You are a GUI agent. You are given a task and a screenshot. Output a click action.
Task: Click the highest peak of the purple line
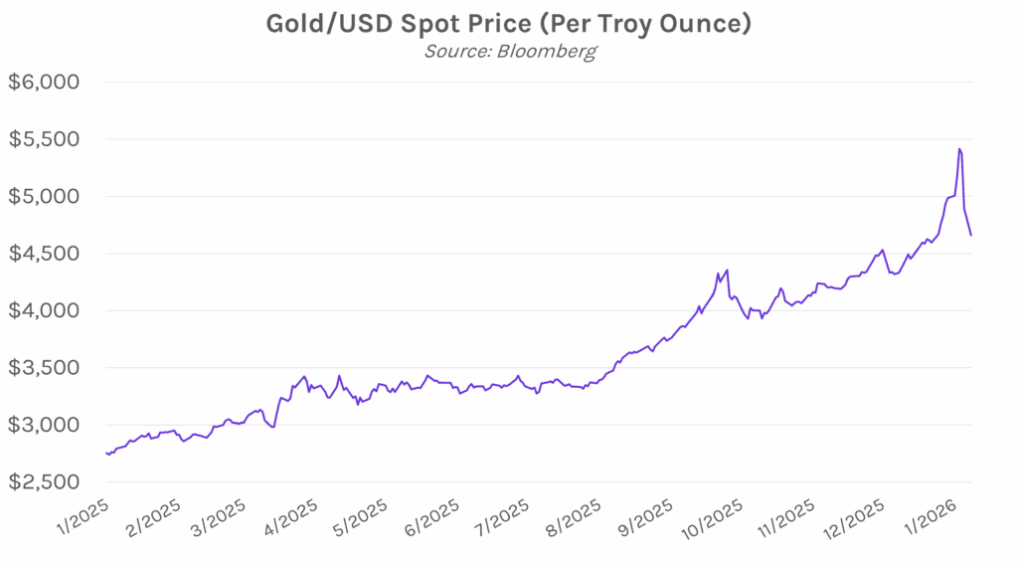(x=958, y=149)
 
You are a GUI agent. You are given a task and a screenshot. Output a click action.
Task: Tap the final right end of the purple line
(x=971, y=236)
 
